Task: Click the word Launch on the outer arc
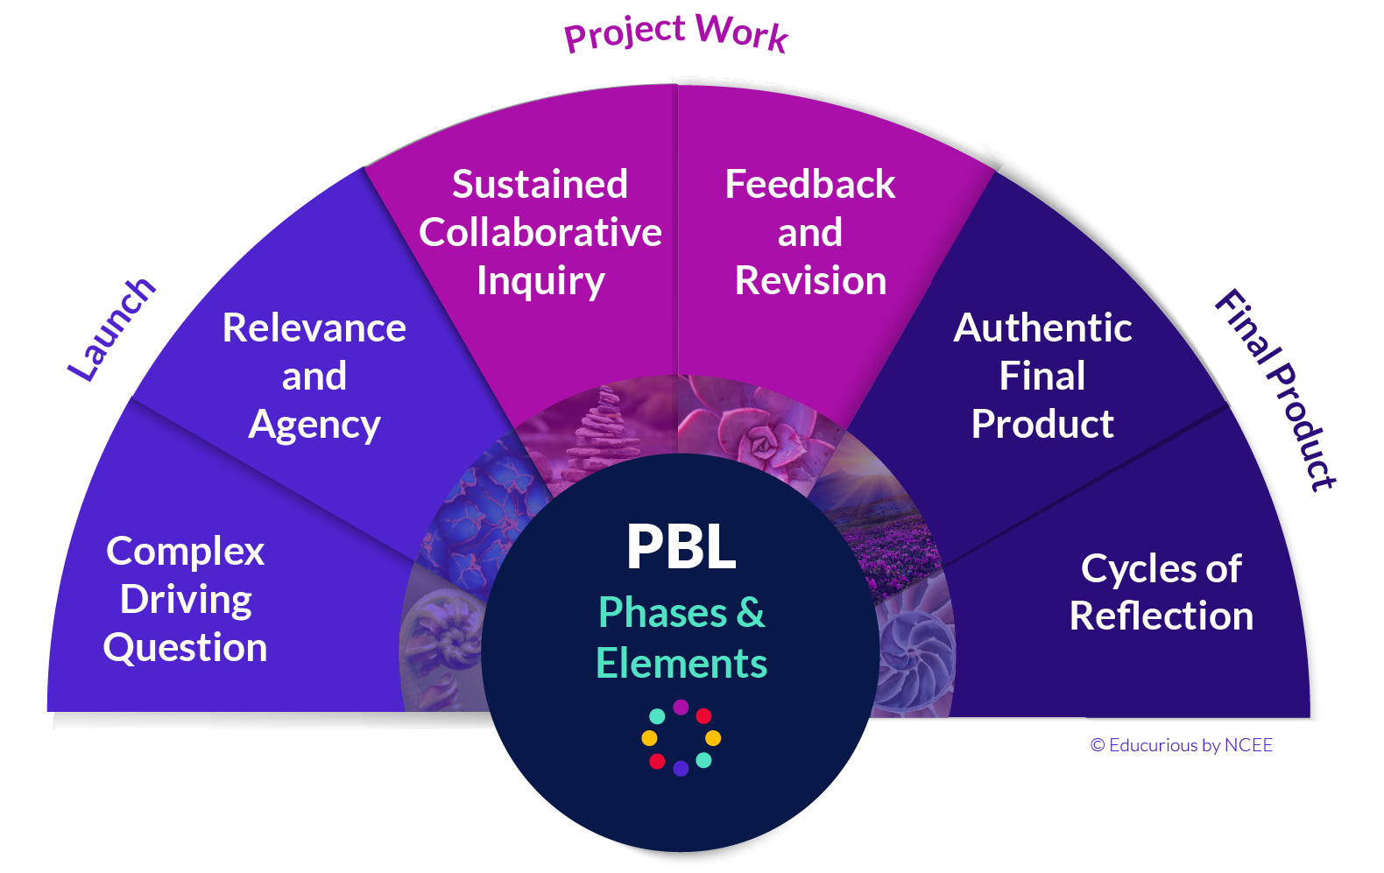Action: coord(112,329)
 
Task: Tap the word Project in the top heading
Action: coord(625,33)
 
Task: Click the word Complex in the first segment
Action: coord(185,552)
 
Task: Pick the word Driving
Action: coord(186,600)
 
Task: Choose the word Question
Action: coord(185,648)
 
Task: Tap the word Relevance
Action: coord(314,328)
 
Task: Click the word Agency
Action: coord(314,426)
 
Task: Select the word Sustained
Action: coord(540,185)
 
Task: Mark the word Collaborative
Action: coord(540,233)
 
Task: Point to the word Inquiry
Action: coord(540,282)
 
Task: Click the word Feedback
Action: coord(810,185)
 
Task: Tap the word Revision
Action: coord(810,281)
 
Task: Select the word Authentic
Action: coord(1042,328)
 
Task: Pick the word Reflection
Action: coord(1161,616)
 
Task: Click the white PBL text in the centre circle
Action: coord(681,547)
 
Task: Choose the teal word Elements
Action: coord(681,664)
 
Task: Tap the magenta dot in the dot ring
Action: coord(681,708)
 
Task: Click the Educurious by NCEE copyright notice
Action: coord(1181,745)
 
